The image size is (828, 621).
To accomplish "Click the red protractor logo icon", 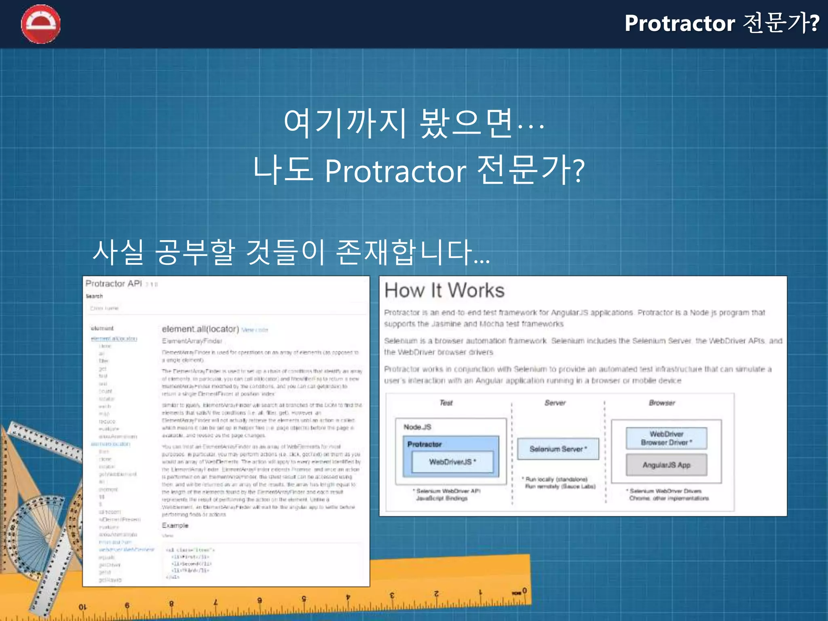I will tap(40, 24).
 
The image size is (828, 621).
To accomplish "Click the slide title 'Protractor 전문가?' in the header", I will tap(722, 23).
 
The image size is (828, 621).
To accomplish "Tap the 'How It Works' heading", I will tap(444, 290).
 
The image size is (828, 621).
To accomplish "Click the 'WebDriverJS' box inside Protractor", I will tap(452, 462).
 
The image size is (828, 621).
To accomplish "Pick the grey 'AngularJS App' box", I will tap(666, 465).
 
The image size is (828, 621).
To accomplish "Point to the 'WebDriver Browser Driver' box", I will tap(666, 438).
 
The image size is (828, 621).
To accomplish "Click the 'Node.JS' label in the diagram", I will tap(417, 427).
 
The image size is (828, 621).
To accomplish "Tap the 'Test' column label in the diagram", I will tap(446, 403).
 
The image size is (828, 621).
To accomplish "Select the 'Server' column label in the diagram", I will tap(555, 403).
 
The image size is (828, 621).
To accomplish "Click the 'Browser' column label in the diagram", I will tap(662, 403).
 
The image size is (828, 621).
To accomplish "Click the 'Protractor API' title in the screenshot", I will tap(114, 283).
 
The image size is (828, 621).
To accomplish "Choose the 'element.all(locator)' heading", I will tap(201, 329).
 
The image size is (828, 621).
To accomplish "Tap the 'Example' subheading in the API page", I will tap(175, 525).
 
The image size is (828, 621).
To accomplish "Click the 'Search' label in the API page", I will tap(94, 296).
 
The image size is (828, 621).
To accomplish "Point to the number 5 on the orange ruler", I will tap(304, 599).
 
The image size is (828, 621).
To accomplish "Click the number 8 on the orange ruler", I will tap(171, 604).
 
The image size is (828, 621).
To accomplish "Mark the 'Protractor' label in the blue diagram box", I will tap(424, 444).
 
